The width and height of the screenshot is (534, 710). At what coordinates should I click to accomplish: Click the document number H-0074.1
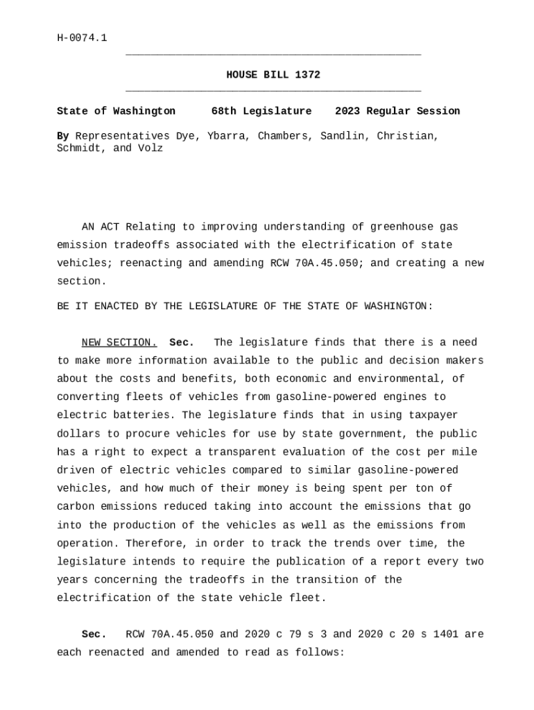(82, 38)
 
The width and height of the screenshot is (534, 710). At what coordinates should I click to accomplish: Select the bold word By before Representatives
(62, 136)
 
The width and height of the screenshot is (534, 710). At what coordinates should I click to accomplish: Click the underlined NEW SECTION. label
(119, 343)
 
